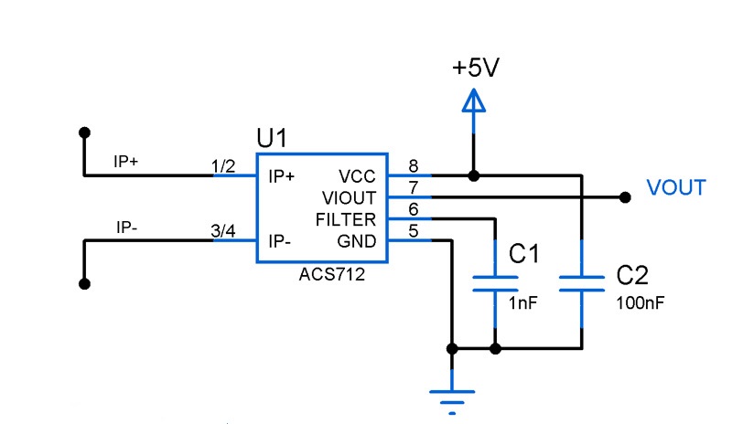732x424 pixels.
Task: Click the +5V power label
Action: coord(474,69)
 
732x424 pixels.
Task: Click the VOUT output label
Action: coord(676,188)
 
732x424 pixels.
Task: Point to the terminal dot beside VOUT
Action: coord(626,196)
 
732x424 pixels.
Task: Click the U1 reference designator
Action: coord(272,139)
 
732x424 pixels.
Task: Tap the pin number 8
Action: coord(414,166)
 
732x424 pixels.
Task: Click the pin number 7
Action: coord(414,188)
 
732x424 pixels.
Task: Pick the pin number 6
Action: coord(414,210)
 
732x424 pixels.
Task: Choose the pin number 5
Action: coord(414,232)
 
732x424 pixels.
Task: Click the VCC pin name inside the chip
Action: coord(358,176)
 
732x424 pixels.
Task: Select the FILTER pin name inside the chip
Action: coord(345,220)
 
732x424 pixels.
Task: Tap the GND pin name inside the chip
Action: coord(358,242)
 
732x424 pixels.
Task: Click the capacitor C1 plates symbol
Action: coord(495,281)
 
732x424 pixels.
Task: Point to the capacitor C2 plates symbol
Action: coord(582,281)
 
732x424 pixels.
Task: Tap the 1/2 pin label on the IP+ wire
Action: coord(223,165)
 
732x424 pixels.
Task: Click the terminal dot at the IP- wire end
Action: coord(85,284)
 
